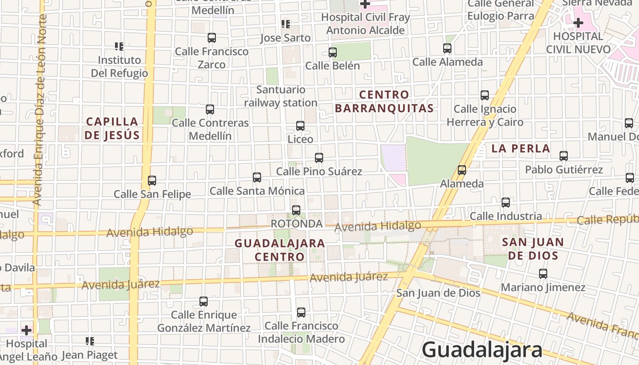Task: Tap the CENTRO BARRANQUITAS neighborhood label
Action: point(384,101)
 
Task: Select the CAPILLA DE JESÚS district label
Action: point(112,128)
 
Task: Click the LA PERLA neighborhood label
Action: point(521,148)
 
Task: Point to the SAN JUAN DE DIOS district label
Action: point(533,249)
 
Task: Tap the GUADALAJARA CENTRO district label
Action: point(280,250)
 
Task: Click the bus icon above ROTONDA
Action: point(296,210)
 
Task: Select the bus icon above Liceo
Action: point(300,126)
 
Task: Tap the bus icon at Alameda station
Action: point(462,170)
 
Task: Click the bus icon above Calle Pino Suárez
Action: point(319,158)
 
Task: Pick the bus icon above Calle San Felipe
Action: point(152,181)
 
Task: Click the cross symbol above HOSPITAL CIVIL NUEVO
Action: point(578,22)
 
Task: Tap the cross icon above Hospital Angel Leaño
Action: point(26,330)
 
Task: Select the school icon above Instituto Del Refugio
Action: point(119,46)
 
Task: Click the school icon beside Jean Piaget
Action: point(90,341)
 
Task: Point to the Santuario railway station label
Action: point(281,96)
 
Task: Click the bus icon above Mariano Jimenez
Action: point(543,274)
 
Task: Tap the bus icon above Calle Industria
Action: point(506,203)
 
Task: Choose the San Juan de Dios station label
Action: point(438,292)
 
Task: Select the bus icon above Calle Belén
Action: point(333,52)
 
